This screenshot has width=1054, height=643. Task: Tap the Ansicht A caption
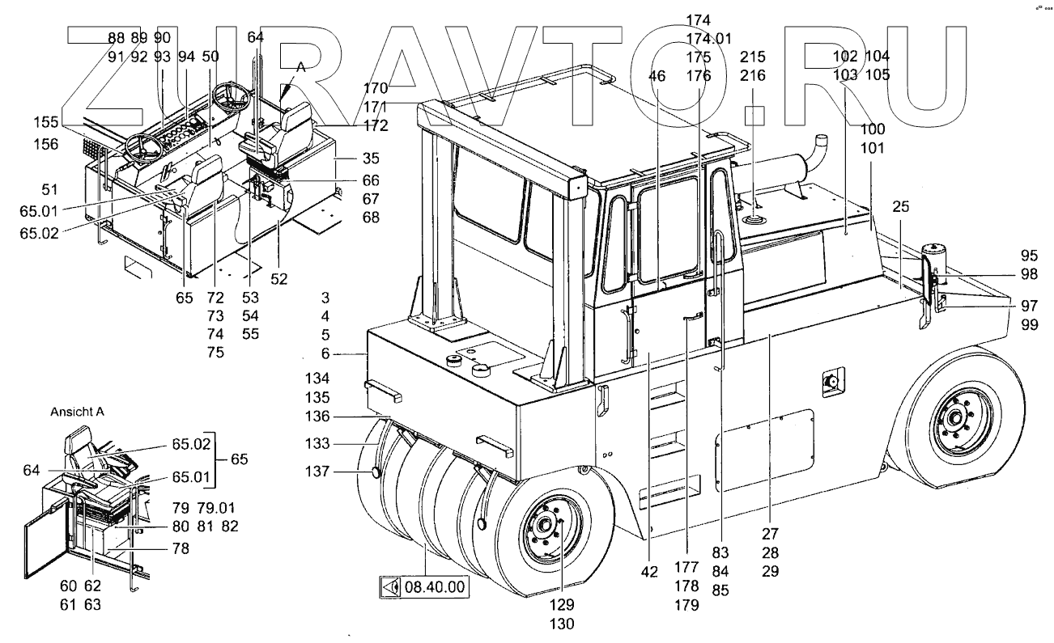pyautogui.click(x=77, y=411)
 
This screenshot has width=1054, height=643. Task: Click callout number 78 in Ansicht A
pyautogui.click(x=181, y=548)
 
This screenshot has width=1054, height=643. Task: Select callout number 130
pyautogui.click(x=561, y=624)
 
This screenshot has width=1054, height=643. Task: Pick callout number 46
pyautogui.click(x=657, y=75)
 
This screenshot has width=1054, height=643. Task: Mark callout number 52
pyautogui.click(x=278, y=279)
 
